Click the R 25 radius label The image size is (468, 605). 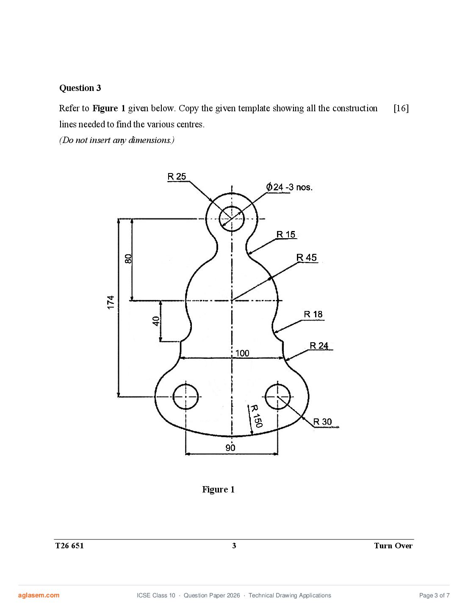(x=177, y=176)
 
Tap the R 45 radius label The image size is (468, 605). (x=306, y=257)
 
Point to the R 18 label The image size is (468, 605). (x=313, y=314)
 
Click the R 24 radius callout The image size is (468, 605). (x=319, y=346)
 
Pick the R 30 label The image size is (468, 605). (x=322, y=421)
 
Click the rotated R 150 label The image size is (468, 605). (x=256, y=416)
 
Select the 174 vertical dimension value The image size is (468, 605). (x=111, y=302)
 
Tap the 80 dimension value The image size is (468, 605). (x=128, y=258)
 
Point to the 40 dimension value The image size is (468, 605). (x=156, y=321)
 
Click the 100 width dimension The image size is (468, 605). (x=242, y=353)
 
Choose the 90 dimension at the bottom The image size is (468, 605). (x=230, y=448)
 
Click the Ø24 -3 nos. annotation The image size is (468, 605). (x=289, y=187)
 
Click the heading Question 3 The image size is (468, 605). (x=80, y=88)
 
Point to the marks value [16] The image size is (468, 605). (x=401, y=108)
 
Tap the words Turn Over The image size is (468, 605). (x=393, y=545)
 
